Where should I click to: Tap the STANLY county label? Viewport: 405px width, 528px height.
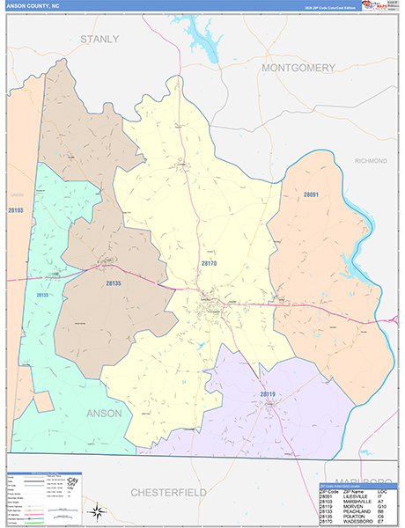click(x=99, y=40)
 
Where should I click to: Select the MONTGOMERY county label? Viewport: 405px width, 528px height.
click(x=298, y=68)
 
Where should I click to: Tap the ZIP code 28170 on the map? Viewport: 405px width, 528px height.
click(x=209, y=264)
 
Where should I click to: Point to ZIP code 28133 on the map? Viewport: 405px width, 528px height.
click(x=41, y=296)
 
